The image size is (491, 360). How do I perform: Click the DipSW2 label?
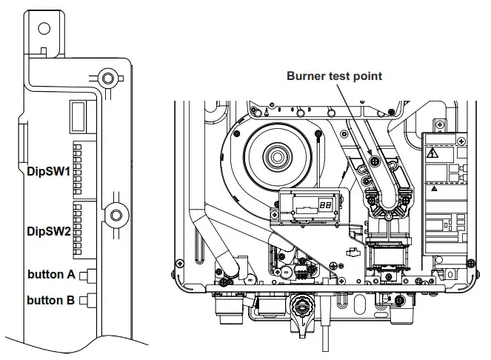click(x=49, y=231)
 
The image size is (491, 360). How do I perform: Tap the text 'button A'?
click(x=50, y=274)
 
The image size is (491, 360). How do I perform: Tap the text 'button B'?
click(x=50, y=300)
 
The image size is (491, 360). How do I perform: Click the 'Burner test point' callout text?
click(x=335, y=76)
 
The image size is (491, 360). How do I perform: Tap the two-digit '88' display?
click(x=325, y=204)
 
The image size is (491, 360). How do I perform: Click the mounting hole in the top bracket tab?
click(x=44, y=29)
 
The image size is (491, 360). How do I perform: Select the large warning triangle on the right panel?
click(x=432, y=154)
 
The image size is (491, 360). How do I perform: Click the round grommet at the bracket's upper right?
click(x=107, y=78)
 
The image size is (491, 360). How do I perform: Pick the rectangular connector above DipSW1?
click(x=79, y=116)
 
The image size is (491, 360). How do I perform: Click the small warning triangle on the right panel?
click(x=433, y=188)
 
